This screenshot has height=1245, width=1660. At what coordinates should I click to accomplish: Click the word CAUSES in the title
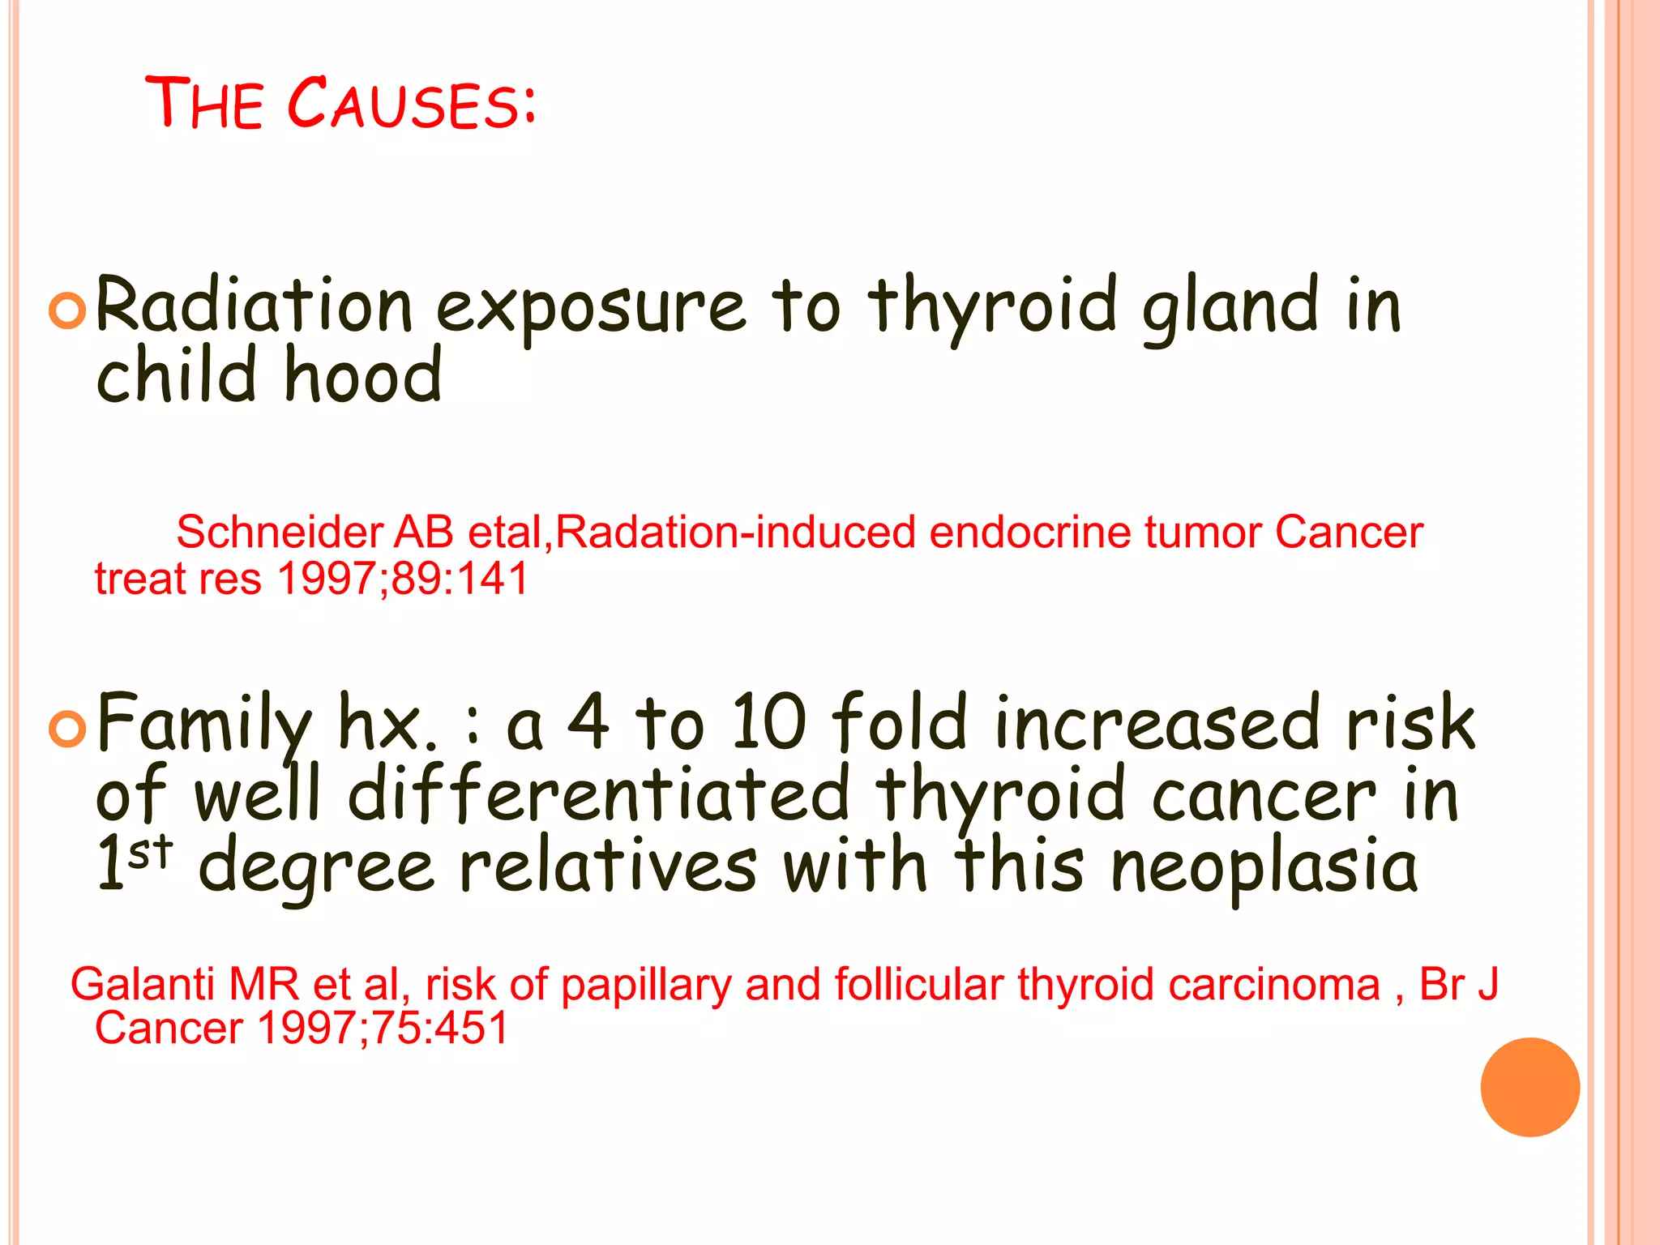point(411,104)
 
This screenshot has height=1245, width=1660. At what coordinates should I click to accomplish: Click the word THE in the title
point(204,104)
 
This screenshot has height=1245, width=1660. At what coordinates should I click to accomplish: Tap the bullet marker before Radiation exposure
point(67,310)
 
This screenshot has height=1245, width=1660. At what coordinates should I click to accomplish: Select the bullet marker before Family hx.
point(67,728)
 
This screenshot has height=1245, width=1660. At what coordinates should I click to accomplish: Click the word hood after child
point(362,376)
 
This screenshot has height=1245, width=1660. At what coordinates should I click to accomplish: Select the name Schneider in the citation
point(279,533)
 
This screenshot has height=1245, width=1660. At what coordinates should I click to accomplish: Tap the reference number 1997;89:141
point(403,579)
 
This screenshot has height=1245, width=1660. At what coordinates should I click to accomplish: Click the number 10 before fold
point(768,721)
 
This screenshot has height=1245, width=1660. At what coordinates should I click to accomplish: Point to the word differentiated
point(599,794)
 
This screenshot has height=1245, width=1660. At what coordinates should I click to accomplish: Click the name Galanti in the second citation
point(143,985)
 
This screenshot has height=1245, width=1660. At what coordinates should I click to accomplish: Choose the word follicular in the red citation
point(919,985)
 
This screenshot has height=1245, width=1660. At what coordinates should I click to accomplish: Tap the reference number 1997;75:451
point(383,1028)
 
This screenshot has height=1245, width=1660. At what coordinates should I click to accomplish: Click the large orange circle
point(1530,1087)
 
